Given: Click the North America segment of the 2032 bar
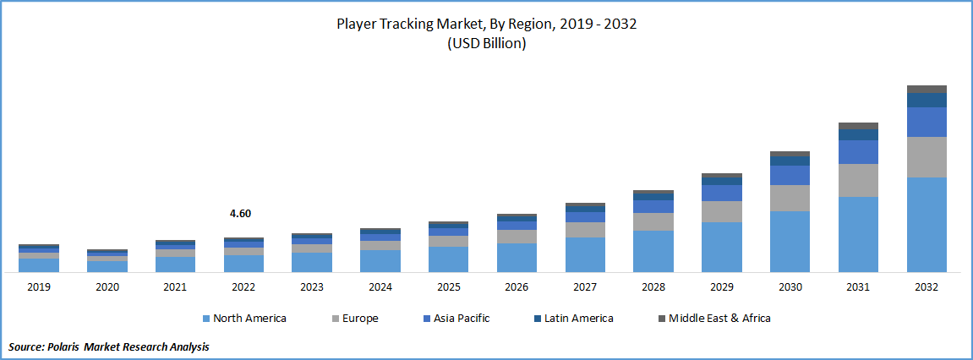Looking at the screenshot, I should pos(927,225).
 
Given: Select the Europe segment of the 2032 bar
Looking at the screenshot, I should pos(927,156).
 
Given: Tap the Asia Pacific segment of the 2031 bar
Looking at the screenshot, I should pos(858,152).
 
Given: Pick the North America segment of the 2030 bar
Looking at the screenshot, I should pos(790,242).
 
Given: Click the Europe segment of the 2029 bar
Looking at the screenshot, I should pos(721,211).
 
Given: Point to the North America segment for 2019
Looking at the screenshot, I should pos(39,265).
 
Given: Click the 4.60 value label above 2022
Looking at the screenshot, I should pos(240,214).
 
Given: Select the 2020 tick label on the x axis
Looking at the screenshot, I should pos(107,287).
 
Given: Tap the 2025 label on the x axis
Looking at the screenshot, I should pos(448,287).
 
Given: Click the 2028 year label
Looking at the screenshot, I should pos(653,287).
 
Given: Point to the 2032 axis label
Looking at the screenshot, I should pos(927,287).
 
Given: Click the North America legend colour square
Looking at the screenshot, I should pos(207,319).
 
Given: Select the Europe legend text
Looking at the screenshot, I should pos(361,319).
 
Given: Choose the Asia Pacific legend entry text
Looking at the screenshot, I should pos(462,319).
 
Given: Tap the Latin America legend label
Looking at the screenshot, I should pos(579,319).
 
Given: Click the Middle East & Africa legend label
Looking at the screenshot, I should pos(719,319).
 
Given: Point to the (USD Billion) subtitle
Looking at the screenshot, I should pos(486,44).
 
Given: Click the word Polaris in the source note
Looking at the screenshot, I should pos(74,346).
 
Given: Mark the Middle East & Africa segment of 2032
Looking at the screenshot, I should pos(927,89).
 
